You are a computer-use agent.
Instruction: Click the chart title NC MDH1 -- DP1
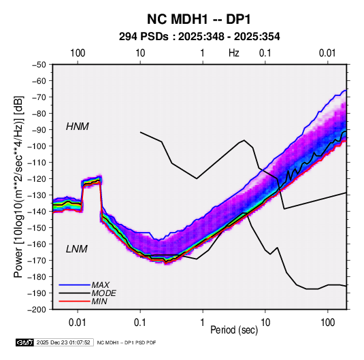tap(199, 19)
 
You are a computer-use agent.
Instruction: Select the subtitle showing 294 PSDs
tap(199, 37)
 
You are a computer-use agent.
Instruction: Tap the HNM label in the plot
tap(78, 127)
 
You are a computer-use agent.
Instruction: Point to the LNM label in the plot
tap(77, 249)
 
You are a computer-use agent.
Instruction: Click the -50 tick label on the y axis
tap(39, 65)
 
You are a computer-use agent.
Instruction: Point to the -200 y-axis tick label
tap(37, 310)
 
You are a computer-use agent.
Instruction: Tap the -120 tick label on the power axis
tap(37, 179)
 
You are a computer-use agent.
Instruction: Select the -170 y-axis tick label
tap(37, 261)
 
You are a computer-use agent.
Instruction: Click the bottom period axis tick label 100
tap(327, 323)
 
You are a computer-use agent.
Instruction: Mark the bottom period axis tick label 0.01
tap(78, 323)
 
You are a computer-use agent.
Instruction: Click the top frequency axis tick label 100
tap(78, 53)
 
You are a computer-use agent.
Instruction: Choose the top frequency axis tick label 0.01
tap(327, 53)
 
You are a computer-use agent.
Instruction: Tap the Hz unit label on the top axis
tap(234, 53)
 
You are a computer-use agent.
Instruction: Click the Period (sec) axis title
tap(234, 330)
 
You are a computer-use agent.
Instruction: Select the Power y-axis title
tap(18, 186)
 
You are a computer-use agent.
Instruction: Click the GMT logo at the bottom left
tap(25, 342)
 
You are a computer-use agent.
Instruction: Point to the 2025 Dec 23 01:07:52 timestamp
tap(63, 342)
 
